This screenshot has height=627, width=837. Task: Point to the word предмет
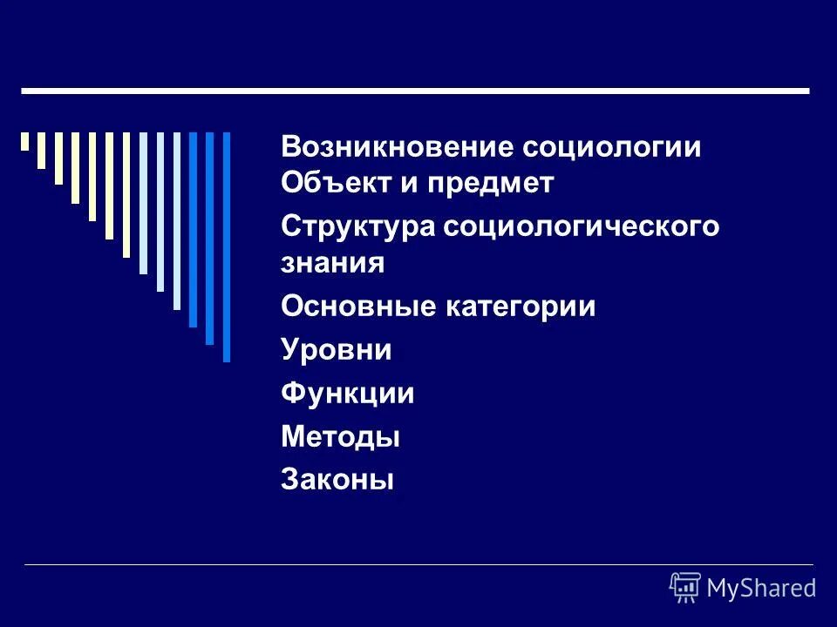(487, 185)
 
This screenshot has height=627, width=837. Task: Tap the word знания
(332, 262)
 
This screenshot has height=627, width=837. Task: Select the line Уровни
(336, 350)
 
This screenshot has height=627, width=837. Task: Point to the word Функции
(347, 394)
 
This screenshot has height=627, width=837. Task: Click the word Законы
(337, 479)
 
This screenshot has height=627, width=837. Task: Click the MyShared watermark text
(761, 588)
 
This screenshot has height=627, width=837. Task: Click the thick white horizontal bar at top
(415, 91)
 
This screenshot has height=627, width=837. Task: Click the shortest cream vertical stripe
(25, 141)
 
